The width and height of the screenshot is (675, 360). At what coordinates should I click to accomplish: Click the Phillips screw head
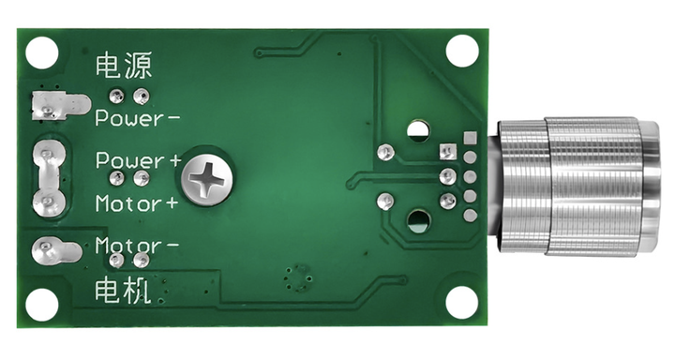click(207, 178)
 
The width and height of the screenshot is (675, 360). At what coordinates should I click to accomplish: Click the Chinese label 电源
click(124, 66)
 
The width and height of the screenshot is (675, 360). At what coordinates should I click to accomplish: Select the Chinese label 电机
click(123, 291)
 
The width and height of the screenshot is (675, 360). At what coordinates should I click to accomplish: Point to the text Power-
click(137, 118)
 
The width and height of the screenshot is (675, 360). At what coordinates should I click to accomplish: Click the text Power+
click(139, 160)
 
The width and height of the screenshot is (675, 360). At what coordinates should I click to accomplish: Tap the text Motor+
click(137, 203)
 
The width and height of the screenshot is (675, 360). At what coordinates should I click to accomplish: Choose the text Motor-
click(137, 246)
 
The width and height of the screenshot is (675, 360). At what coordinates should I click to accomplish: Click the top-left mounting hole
click(42, 52)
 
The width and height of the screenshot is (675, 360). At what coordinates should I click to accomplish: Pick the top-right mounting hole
click(462, 51)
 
